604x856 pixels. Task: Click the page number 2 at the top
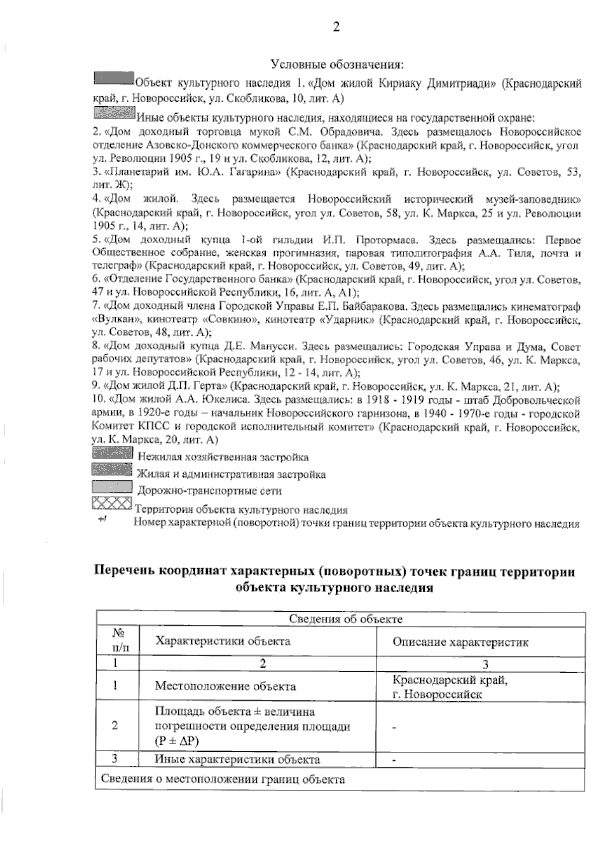point(336,27)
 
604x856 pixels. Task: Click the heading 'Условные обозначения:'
point(337,65)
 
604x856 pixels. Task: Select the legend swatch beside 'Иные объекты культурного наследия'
point(114,112)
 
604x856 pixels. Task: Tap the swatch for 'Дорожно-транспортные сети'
point(112,487)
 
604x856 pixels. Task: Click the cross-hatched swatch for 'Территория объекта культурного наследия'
point(112,503)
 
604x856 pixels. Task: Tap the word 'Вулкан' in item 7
point(116,320)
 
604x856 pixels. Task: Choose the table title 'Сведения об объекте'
point(345,619)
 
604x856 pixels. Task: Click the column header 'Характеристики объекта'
point(222,641)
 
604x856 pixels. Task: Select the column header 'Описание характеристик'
point(460,642)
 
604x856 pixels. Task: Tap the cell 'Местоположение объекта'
point(225,686)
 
